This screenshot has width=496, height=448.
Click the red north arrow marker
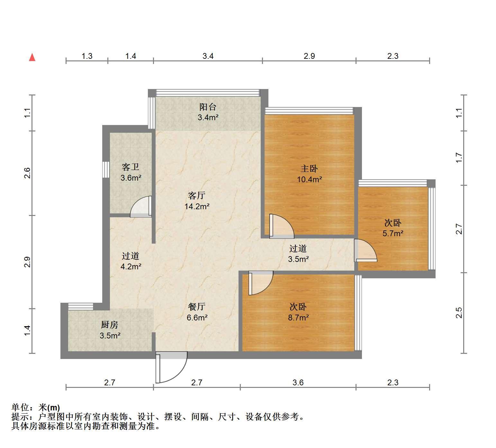(x=32, y=57)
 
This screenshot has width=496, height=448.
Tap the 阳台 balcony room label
(x=208, y=107)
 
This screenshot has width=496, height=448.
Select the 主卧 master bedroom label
(x=309, y=168)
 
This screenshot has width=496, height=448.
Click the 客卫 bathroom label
(x=131, y=167)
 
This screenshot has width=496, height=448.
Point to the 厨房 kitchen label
(x=110, y=325)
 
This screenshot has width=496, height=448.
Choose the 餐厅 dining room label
(x=197, y=307)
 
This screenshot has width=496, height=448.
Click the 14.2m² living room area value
(x=197, y=206)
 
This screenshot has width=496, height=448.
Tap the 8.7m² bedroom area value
(x=298, y=318)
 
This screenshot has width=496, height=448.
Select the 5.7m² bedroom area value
(x=393, y=233)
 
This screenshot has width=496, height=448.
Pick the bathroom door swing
(x=141, y=206)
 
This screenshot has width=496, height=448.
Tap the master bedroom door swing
(x=282, y=226)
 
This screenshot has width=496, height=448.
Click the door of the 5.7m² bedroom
(x=365, y=250)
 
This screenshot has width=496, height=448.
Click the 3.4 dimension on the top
(x=208, y=56)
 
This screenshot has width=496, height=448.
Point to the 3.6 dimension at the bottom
(x=298, y=382)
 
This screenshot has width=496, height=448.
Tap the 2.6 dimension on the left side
(x=28, y=173)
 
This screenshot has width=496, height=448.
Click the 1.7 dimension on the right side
(x=459, y=158)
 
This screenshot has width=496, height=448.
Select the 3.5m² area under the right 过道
(x=298, y=259)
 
